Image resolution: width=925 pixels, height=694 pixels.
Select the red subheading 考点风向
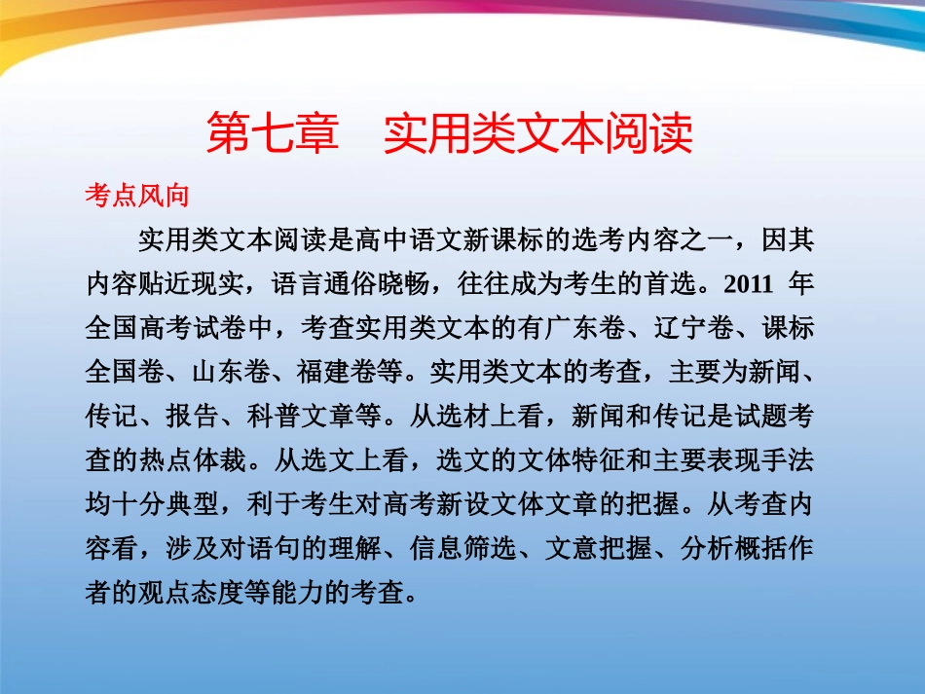[136, 195]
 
